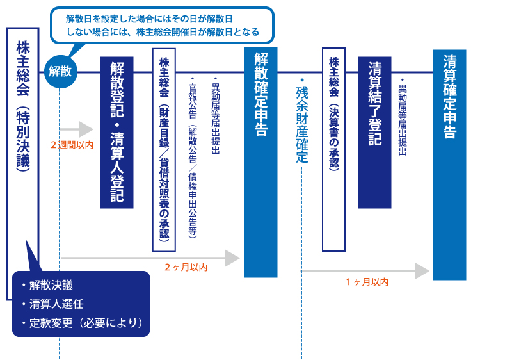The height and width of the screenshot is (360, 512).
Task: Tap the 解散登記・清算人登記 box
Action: click(x=116, y=133)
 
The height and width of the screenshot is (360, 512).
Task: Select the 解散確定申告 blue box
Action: click(x=260, y=162)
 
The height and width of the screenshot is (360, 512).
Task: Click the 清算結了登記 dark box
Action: click(x=374, y=133)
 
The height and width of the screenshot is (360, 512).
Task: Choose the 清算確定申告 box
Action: click(x=449, y=165)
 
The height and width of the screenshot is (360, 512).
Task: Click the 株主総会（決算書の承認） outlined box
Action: click(x=333, y=149)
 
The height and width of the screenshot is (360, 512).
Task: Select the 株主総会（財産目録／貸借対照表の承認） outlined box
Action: click(x=164, y=151)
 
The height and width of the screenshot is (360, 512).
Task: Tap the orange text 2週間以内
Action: click(x=72, y=145)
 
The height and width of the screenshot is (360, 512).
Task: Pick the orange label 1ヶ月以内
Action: click(x=367, y=281)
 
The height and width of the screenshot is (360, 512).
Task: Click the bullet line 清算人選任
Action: click(x=56, y=304)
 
